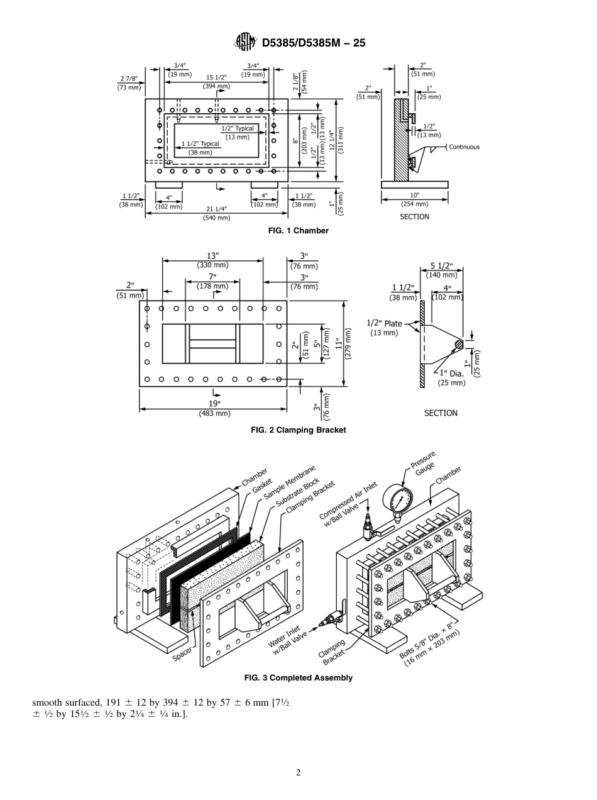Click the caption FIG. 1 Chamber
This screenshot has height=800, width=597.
point(298,231)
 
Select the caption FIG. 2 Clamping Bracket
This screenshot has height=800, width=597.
point(298,430)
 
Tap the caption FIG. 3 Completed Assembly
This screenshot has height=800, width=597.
point(298,678)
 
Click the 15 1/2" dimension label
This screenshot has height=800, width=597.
point(216,77)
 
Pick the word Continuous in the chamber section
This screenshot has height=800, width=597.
point(464,147)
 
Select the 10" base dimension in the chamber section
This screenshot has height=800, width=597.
point(414,196)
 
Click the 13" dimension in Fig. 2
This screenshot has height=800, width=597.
point(213,256)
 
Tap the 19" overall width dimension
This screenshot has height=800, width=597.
point(215,404)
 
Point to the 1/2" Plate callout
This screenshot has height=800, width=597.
point(384,324)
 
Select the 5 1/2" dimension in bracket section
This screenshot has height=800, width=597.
point(442,266)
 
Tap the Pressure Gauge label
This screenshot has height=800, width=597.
point(423,465)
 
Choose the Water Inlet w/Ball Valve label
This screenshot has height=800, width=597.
point(287,641)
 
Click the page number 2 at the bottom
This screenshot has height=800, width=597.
point(298,772)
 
